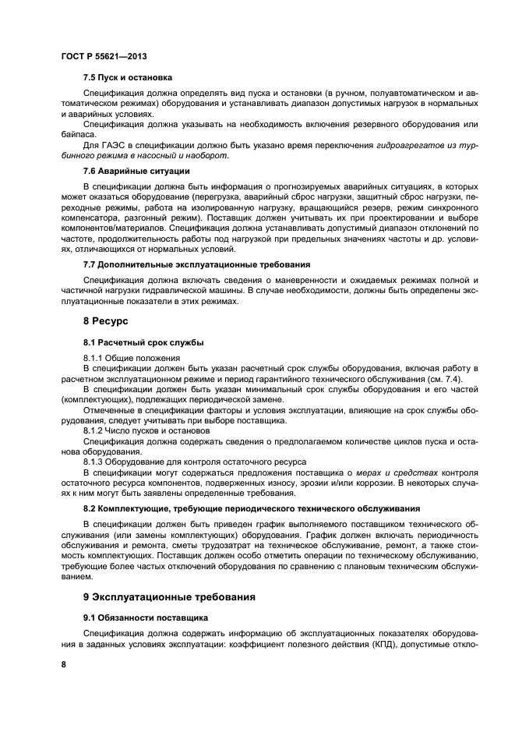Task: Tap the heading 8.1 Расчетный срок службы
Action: (143, 341)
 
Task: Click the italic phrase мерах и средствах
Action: (397, 472)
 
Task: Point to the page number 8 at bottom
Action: (63, 663)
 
